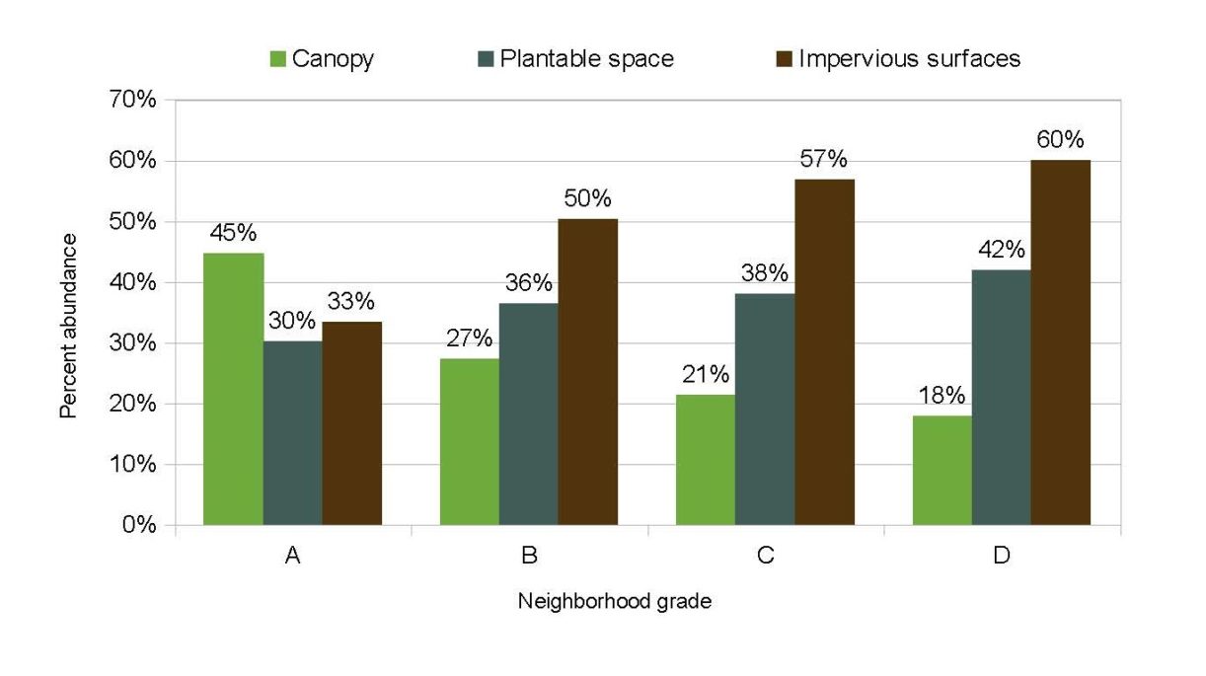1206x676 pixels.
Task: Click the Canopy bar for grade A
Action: [233, 389]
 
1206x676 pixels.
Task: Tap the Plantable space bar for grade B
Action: [528, 413]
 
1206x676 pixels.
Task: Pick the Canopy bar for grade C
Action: [706, 460]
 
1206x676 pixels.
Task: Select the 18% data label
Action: [942, 396]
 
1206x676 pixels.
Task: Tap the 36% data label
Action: [528, 283]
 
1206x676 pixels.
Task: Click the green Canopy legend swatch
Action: [277, 59]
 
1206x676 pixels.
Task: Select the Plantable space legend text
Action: [586, 59]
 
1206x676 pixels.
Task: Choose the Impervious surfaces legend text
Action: [909, 59]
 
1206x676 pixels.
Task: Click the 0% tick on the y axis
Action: [139, 525]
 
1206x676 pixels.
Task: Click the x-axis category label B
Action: [529, 557]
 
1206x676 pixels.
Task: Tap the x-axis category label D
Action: [1002, 557]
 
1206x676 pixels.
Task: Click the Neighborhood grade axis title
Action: [614, 601]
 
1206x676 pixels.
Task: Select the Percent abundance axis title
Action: [68, 340]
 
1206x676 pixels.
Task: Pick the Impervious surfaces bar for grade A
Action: [351, 423]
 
